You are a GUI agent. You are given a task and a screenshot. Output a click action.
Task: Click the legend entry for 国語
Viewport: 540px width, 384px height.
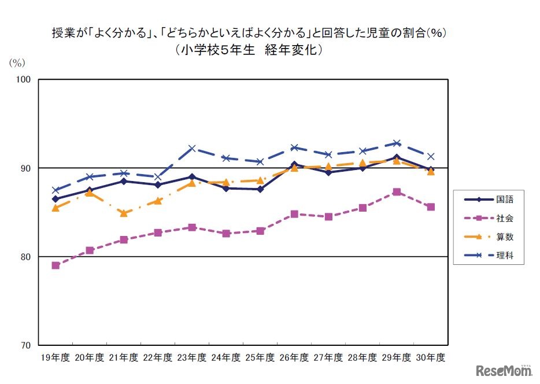pyautogui.click(x=488, y=200)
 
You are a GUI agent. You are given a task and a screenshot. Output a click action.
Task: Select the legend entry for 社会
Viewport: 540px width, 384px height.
pyautogui.click(x=488, y=218)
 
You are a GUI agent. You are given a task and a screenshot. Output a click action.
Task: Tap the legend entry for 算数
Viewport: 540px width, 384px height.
pyautogui.click(x=488, y=237)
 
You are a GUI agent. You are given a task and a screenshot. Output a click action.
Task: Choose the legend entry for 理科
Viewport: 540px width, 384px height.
pyautogui.click(x=488, y=254)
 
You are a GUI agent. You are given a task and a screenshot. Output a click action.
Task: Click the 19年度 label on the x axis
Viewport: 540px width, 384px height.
pyautogui.click(x=56, y=358)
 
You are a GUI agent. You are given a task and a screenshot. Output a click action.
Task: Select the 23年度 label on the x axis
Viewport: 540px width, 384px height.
pyautogui.click(x=192, y=358)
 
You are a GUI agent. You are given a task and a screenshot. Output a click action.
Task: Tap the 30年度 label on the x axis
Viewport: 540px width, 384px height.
pyautogui.click(x=431, y=358)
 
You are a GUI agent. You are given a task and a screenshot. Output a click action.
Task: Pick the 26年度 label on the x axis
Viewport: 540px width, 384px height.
pyautogui.click(x=294, y=358)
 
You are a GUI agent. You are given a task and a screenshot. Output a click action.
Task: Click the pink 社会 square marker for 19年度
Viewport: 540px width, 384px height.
pyautogui.click(x=56, y=265)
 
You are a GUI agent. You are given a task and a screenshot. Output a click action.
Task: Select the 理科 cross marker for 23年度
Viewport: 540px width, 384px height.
pyautogui.click(x=192, y=149)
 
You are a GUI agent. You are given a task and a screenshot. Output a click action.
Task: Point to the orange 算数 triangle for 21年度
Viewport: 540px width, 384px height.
pyautogui.click(x=124, y=213)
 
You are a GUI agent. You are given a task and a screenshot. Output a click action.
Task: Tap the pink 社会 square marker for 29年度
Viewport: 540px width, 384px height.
pyautogui.click(x=397, y=192)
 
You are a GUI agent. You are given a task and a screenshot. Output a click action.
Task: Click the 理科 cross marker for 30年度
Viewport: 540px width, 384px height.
pyautogui.click(x=431, y=156)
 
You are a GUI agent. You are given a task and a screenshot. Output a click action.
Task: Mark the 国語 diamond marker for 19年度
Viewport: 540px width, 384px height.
pyautogui.click(x=56, y=199)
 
